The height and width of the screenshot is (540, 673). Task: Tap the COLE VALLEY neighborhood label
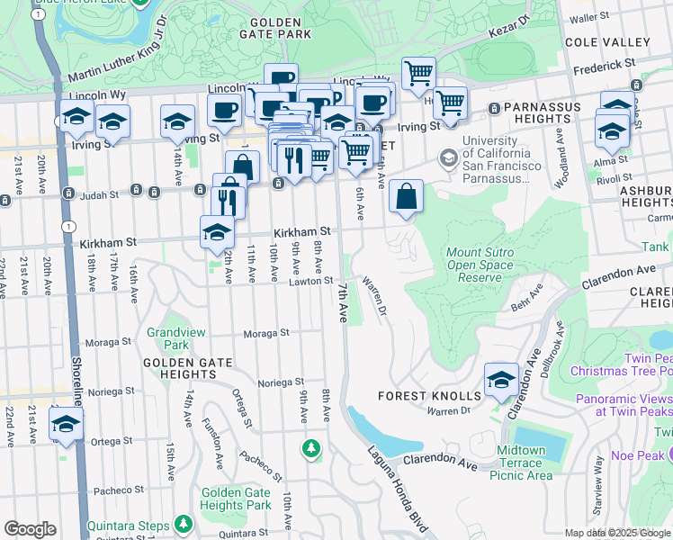click(606, 42)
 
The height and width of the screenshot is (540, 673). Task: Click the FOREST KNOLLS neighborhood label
click(429, 396)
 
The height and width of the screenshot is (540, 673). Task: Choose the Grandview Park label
click(177, 338)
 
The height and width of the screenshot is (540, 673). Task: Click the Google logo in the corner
click(30, 529)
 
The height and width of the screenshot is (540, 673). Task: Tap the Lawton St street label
click(310, 282)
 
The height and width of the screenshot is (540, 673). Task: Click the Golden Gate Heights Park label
click(236, 499)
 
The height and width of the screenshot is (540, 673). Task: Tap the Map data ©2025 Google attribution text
click(615, 533)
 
